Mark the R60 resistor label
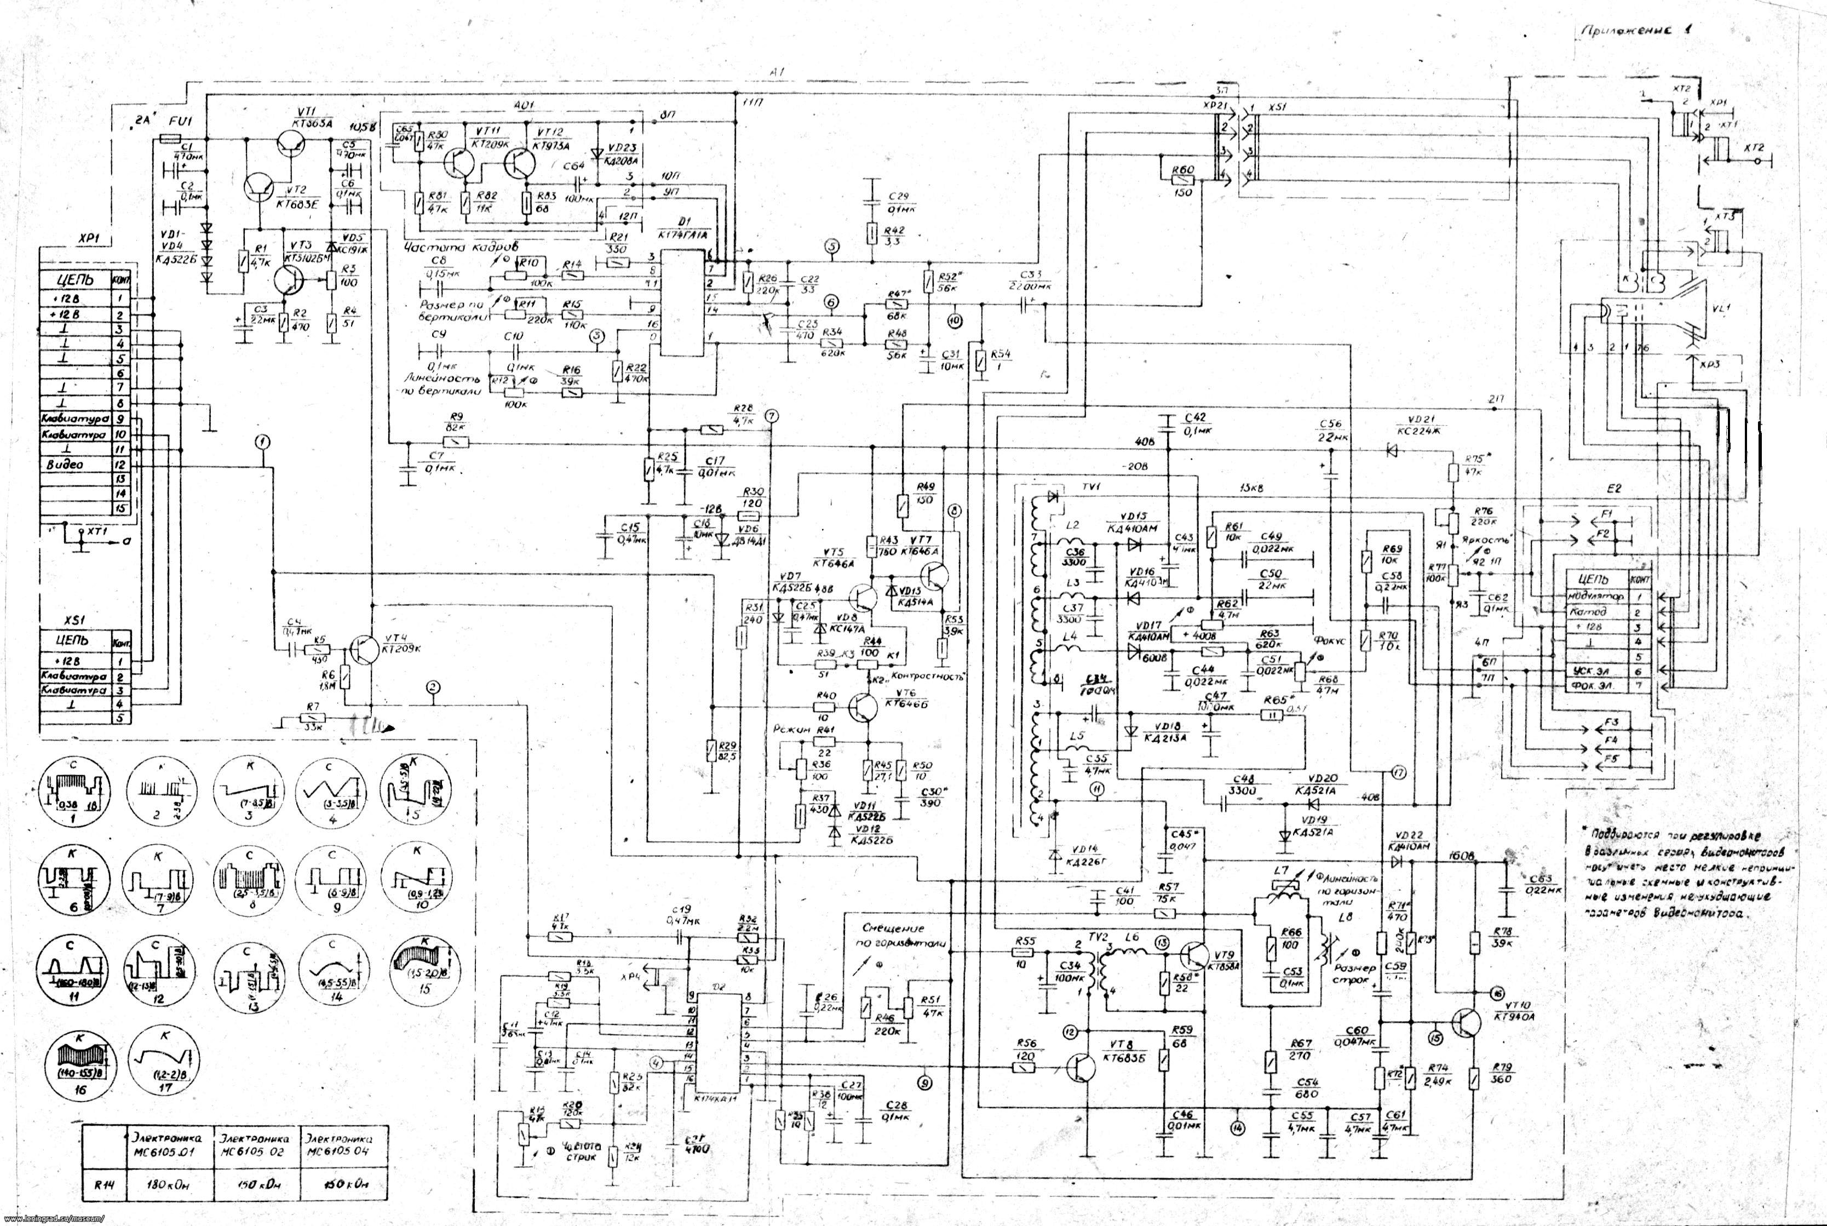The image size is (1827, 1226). coord(1183,170)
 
